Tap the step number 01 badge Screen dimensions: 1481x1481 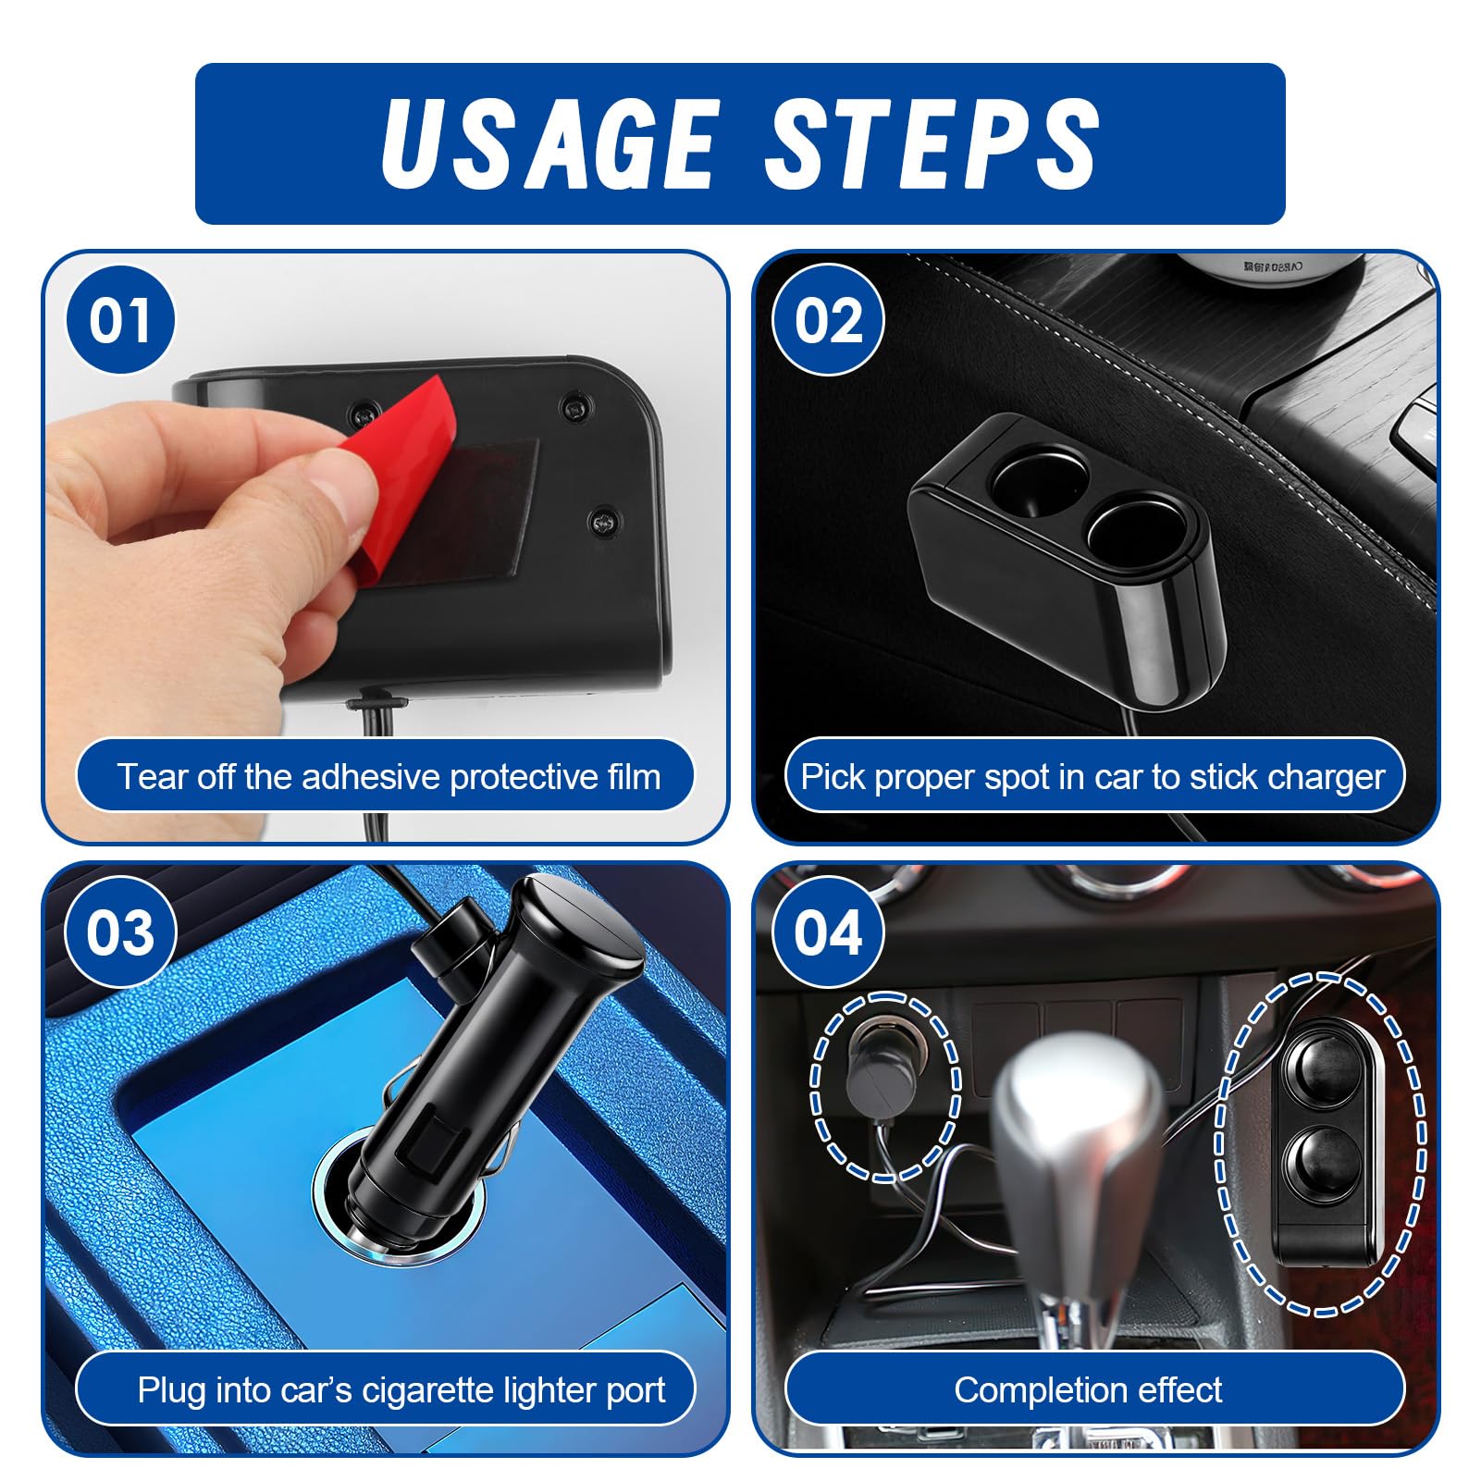120,320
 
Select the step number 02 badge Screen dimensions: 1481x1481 828,320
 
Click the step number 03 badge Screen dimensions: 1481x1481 120,932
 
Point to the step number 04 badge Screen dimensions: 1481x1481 828,932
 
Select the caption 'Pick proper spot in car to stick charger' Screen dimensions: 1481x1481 1093,777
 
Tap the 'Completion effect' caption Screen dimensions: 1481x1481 1089,1390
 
